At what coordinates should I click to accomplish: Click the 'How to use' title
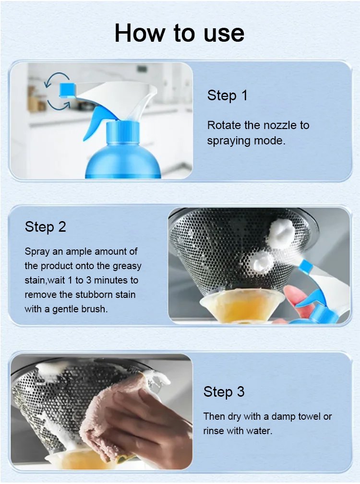(x=180, y=33)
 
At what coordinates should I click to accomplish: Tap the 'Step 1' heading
(x=227, y=95)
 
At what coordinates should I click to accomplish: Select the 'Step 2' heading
(x=46, y=227)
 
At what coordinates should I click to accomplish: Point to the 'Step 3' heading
(x=224, y=392)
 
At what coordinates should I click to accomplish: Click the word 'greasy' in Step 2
(x=127, y=266)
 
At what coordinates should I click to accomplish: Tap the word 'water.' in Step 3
(x=258, y=431)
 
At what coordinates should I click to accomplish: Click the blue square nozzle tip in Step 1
(x=67, y=90)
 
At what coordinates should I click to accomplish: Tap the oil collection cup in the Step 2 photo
(x=242, y=307)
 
